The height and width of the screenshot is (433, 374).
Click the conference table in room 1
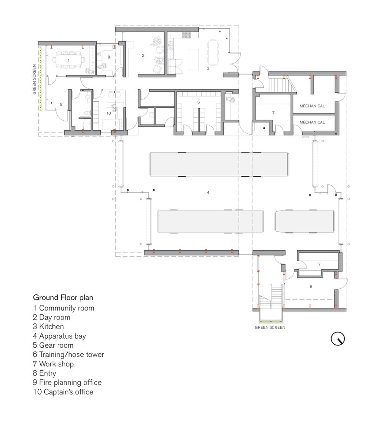69,60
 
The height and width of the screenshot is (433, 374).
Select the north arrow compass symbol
338,338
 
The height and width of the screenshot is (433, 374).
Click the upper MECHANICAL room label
312,105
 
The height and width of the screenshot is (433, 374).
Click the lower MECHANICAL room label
312,123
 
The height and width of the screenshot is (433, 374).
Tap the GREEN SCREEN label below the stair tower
270,328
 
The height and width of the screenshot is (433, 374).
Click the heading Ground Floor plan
63,298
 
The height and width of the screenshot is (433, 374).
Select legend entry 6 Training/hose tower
68,355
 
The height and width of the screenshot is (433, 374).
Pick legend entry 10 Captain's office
63,392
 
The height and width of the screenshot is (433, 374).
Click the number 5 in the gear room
198,103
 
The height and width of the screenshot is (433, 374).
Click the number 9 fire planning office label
109,57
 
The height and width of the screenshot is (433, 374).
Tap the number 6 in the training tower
311,287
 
